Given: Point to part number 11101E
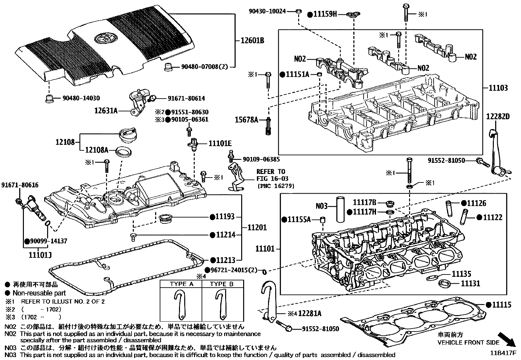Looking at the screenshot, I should [x=220, y=143].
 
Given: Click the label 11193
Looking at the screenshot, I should [x=225, y=217].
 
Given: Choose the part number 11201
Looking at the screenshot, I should [x=257, y=227].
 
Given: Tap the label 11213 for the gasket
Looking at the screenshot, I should [x=225, y=260].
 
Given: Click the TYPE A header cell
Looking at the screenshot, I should [x=182, y=284].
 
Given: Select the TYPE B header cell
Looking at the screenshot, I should [x=222, y=284].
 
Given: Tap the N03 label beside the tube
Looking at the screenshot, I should [x=321, y=206].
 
